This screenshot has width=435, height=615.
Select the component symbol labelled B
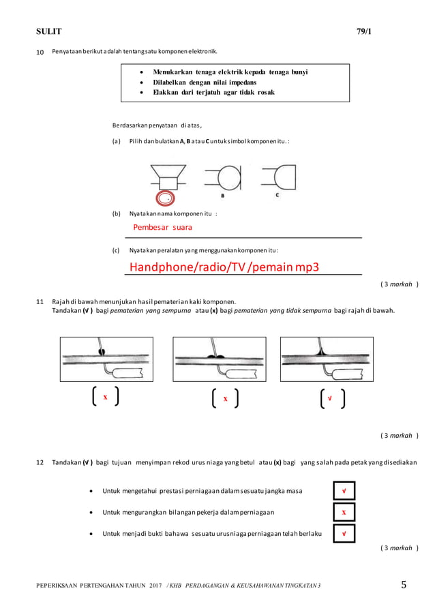point(224,179)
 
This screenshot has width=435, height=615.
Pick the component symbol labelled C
point(279,179)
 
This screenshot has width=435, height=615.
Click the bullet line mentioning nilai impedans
point(205,82)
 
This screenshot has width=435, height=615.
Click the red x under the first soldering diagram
point(105,397)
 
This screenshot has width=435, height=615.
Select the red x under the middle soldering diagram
point(225,398)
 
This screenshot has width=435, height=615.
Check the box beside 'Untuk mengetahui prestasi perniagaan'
point(344,491)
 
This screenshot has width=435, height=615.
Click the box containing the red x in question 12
point(344,512)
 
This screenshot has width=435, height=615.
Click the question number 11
point(39,301)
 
